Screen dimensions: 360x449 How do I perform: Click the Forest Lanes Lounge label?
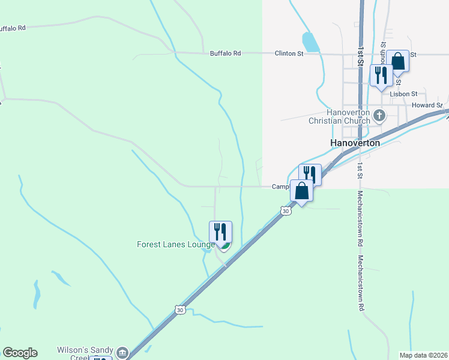point(176,245)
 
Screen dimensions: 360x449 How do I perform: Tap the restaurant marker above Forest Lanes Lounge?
point(220,232)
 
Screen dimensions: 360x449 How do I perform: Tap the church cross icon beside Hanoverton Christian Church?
point(379,115)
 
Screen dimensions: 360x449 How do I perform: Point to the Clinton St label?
point(289,53)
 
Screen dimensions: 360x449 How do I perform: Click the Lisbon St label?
point(403,94)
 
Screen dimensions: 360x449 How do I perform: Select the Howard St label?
point(427,106)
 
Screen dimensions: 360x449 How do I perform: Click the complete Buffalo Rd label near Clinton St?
point(225,53)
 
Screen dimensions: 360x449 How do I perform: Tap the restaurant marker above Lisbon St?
point(381,75)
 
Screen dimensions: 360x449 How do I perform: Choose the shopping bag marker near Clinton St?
point(397,61)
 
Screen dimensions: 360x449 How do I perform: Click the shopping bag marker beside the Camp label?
point(301,191)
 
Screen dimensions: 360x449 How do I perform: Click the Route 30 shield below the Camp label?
point(286,211)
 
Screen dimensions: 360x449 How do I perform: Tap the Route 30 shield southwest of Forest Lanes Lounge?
point(180,310)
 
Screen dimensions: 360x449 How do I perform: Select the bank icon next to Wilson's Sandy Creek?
point(122,352)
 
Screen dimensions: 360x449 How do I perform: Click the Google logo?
point(20,353)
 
